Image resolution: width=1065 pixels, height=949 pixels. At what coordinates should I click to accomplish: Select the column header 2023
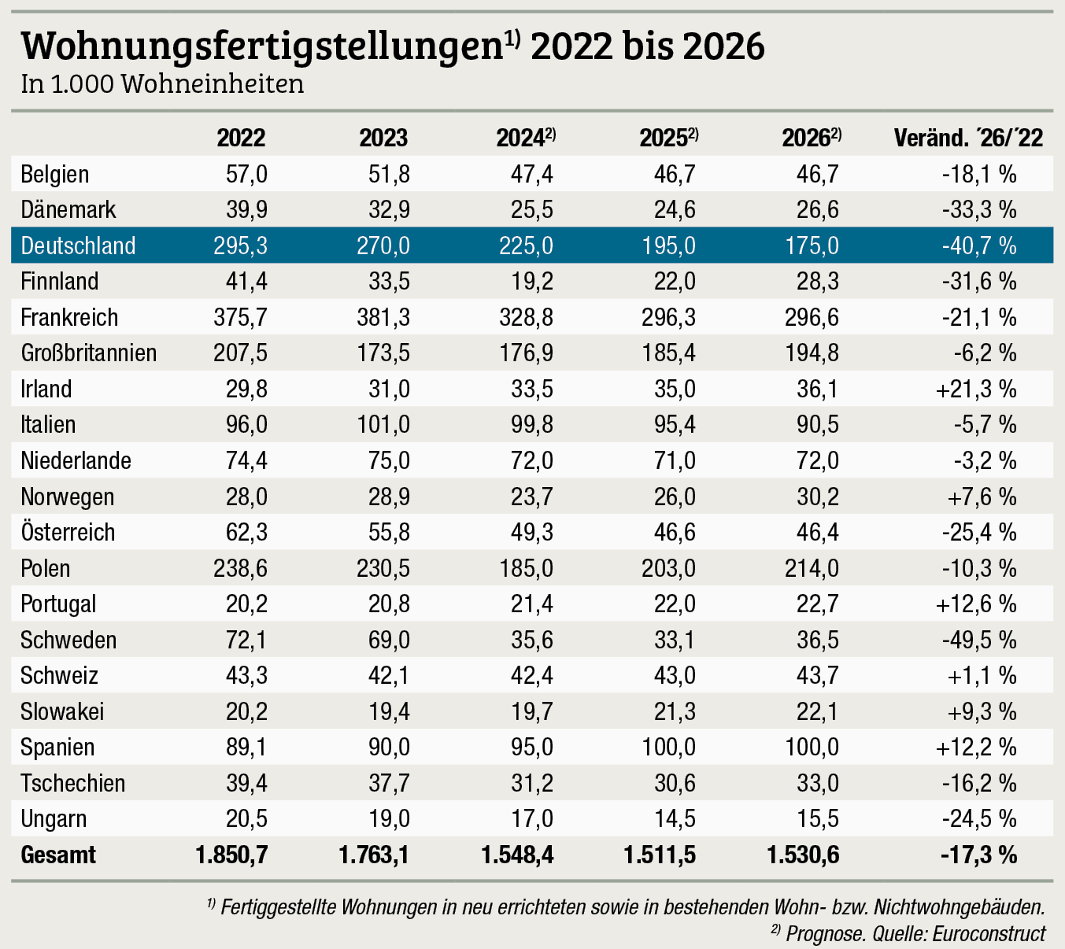point(383,138)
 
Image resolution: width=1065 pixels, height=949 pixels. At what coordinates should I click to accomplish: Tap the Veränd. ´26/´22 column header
point(968,138)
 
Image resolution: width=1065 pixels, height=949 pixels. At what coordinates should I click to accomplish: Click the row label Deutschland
point(78,246)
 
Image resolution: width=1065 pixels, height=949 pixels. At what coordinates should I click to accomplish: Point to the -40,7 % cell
point(978,246)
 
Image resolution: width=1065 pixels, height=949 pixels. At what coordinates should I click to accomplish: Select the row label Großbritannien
point(89,353)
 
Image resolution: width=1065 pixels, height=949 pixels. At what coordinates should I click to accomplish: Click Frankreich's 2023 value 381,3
point(383,318)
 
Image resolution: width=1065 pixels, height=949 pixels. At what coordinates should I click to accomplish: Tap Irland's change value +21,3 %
point(976,390)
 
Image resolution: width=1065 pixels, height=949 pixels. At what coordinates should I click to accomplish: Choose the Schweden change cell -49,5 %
point(978,640)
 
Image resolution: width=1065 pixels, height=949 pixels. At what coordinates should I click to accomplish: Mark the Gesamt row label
point(58,855)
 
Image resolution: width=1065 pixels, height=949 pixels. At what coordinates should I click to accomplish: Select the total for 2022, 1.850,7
point(231,855)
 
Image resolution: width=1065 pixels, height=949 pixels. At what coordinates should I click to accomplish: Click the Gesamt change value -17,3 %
point(978,855)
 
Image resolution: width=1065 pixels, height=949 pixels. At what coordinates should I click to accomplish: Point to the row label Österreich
point(68,533)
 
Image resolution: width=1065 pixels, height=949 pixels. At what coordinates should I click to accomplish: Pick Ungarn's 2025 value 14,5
point(674,819)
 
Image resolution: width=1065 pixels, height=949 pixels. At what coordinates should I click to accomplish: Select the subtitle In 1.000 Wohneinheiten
point(162,84)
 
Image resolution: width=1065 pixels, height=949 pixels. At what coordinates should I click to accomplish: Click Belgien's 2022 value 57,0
point(246,174)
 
